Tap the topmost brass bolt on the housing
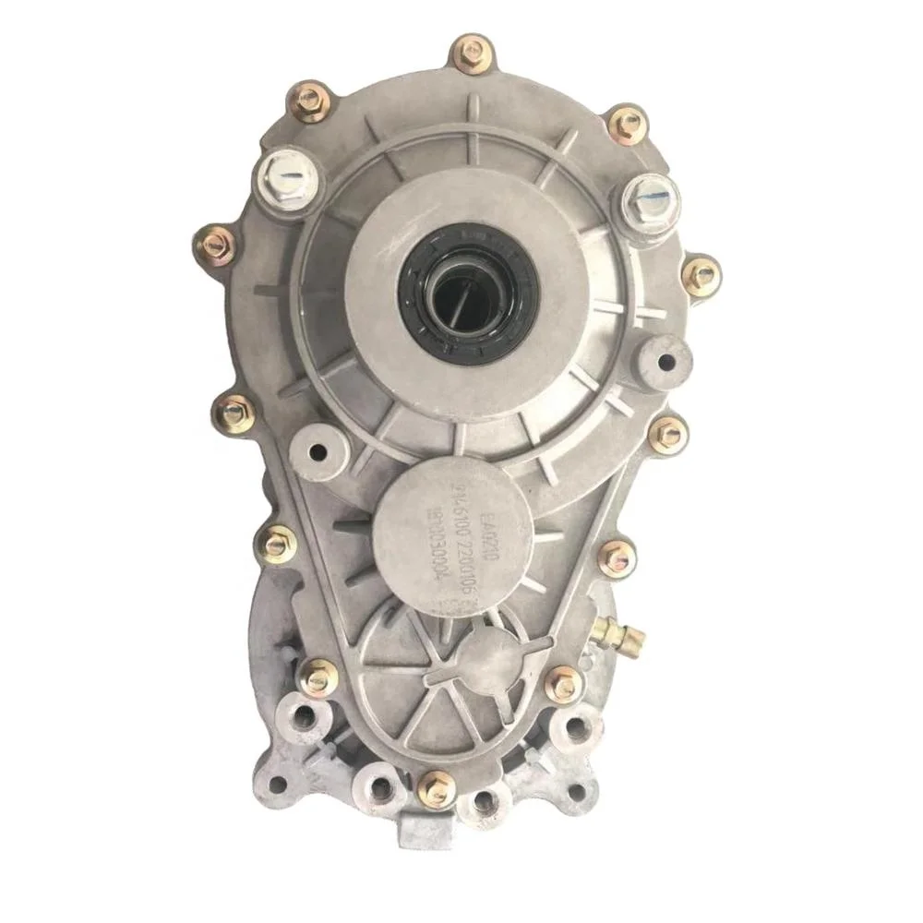(x=469, y=53)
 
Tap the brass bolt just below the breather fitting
(x=564, y=684)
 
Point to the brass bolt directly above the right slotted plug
(x=628, y=124)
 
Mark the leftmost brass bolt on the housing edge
(x=216, y=245)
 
